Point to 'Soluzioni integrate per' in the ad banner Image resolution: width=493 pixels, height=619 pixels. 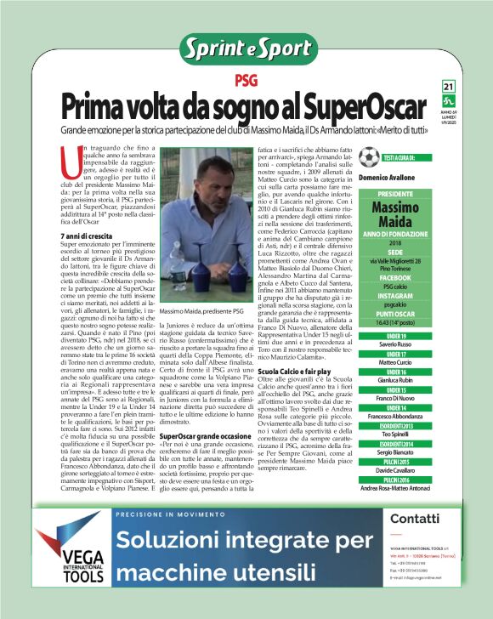pyautogui.click(x=232, y=540)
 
